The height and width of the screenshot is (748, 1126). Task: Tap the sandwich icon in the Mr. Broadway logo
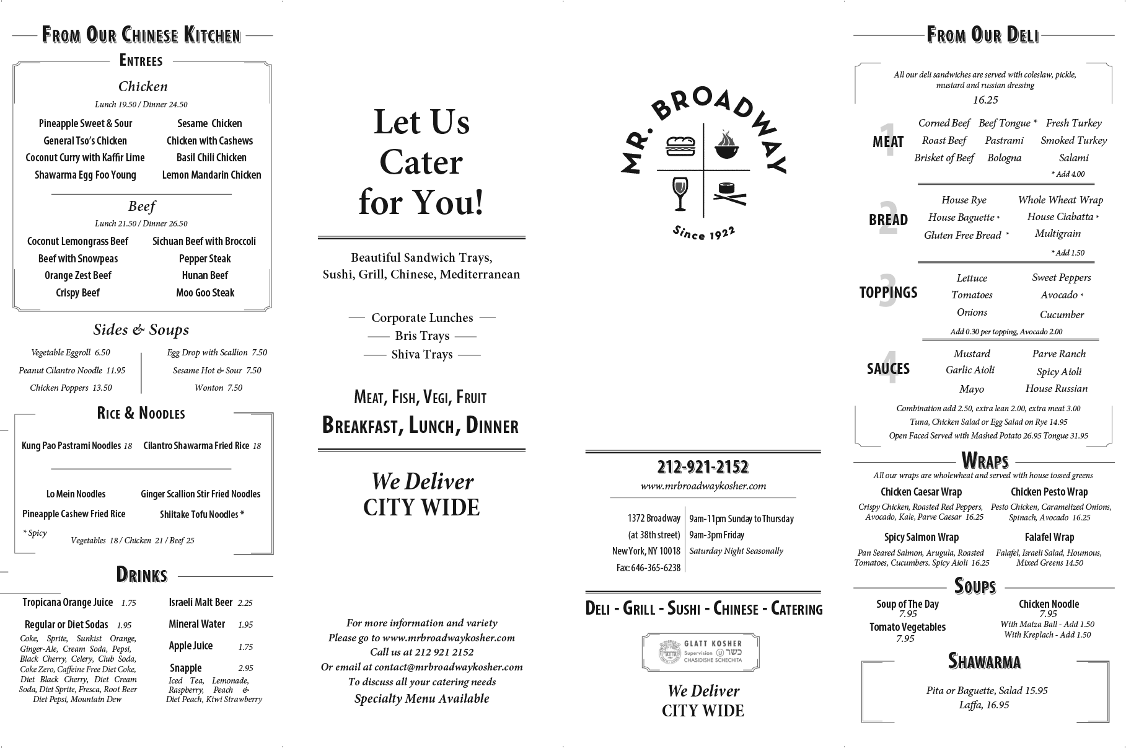pos(680,147)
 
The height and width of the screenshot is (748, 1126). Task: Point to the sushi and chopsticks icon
pos(727,194)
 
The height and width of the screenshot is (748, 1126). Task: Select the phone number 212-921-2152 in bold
pos(703,466)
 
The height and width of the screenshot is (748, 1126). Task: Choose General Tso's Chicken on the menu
pos(85,141)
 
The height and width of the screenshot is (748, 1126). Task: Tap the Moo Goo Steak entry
pos(205,293)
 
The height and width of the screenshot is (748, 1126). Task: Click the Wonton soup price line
pos(218,388)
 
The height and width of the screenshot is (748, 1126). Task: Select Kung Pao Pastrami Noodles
pos(71,445)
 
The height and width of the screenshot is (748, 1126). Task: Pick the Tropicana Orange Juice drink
pos(68,602)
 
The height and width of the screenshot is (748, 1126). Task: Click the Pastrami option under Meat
pos(1004,140)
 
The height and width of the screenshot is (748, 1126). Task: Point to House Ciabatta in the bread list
pos(1060,216)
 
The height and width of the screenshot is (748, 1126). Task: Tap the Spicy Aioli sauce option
pos(1059,372)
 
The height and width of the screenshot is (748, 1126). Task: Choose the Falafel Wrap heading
pos(1049,537)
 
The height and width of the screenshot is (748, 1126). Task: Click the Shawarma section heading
pos(984,661)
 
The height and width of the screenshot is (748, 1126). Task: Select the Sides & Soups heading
pos(141,330)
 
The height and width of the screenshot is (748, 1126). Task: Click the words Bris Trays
pos(422,336)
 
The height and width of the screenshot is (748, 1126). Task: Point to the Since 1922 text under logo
pos(704,233)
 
